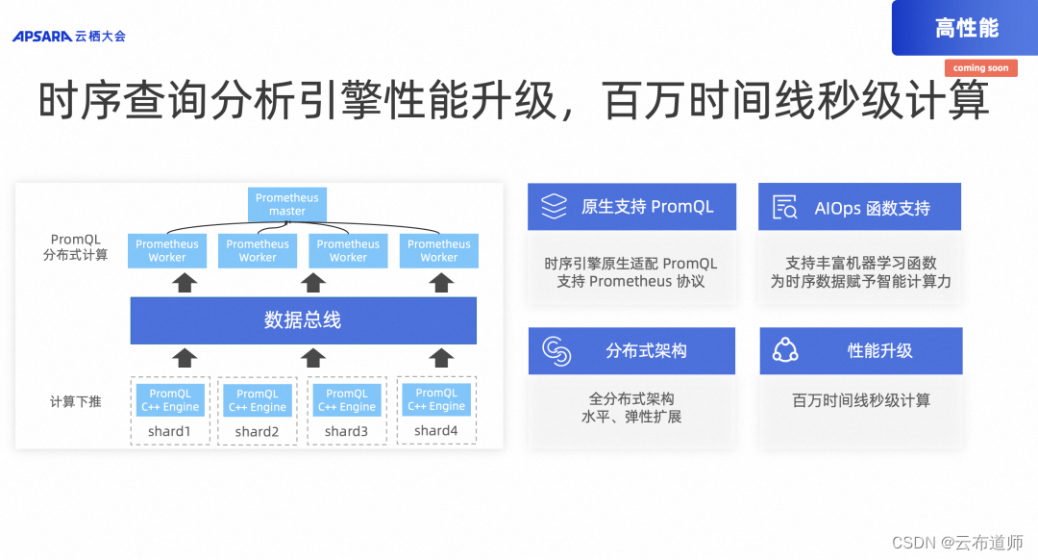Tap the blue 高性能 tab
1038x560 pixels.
[x=965, y=29]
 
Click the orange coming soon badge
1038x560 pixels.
[x=980, y=68]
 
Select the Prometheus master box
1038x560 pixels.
[x=286, y=204]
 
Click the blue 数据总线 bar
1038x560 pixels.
[x=303, y=320]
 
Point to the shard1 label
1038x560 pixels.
[x=169, y=432]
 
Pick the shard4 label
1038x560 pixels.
[x=436, y=431]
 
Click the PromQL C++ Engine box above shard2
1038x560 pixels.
[x=258, y=400]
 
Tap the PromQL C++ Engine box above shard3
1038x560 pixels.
[x=347, y=400]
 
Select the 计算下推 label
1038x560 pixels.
[x=75, y=401]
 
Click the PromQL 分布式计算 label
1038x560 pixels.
[x=76, y=247]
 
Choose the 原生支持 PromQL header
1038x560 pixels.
[x=647, y=207]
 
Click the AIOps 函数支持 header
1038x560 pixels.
[x=872, y=208]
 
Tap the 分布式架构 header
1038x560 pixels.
[x=646, y=351]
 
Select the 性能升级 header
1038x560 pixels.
[x=879, y=351]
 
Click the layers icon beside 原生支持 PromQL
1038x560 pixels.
[x=555, y=207]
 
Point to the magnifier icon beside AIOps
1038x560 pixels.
[x=785, y=207]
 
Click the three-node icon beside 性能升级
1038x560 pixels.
[x=785, y=351]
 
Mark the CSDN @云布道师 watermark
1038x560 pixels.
[x=957, y=543]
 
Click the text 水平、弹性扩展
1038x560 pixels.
[x=631, y=417]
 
